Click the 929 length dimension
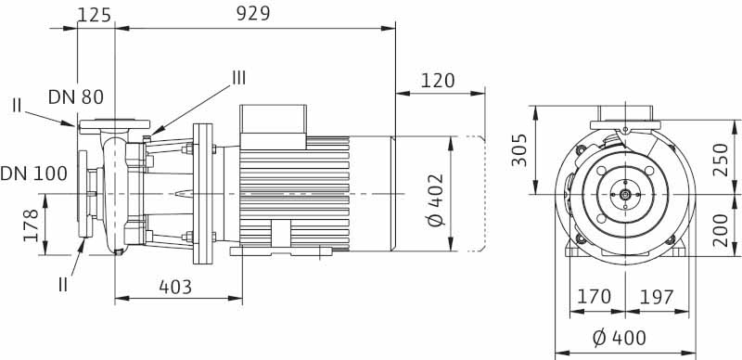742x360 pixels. tap(253, 14)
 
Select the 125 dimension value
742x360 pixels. tap(95, 15)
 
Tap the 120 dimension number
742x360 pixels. tap(437, 81)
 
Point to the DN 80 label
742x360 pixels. tap(76, 97)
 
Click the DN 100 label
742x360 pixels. tap(33, 174)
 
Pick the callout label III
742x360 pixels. tap(239, 78)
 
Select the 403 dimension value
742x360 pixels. tap(175, 287)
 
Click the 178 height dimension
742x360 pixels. tap(32, 225)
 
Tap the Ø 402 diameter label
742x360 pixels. tap(436, 199)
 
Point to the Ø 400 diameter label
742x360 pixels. tap(619, 339)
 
